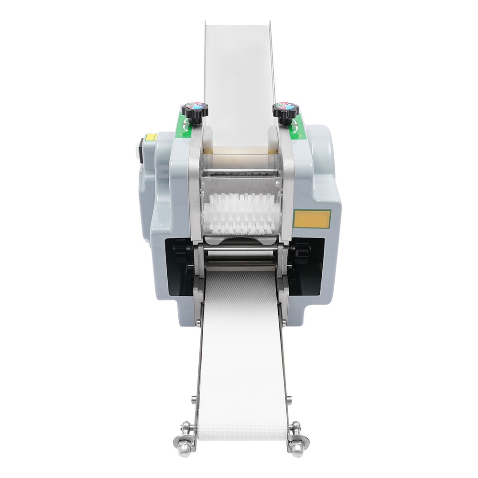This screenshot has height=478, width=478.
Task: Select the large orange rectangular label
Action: point(312,219)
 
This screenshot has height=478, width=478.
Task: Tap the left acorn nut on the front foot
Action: point(183,448)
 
